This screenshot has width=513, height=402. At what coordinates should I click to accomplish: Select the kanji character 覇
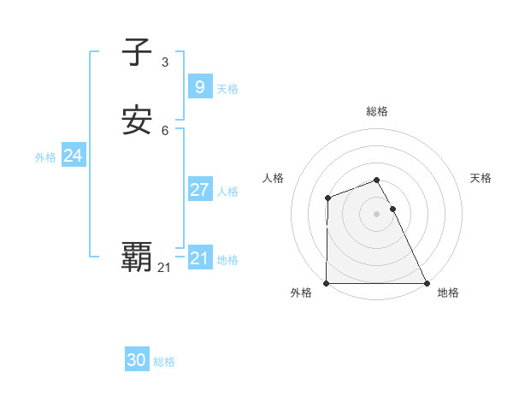(x=138, y=256)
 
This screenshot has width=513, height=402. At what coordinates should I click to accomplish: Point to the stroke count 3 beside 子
(x=164, y=62)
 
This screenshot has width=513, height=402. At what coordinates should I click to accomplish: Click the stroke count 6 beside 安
(x=164, y=130)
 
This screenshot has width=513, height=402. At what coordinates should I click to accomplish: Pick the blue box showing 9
(x=199, y=86)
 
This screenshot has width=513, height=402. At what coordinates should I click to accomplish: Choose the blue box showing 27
(x=199, y=189)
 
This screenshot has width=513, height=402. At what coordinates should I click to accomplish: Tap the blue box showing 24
(x=73, y=156)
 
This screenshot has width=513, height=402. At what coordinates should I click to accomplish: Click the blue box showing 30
(x=137, y=360)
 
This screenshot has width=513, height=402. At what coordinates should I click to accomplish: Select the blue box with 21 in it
(x=199, y=257)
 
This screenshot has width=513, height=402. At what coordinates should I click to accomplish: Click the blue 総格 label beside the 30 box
(x=164, y=362)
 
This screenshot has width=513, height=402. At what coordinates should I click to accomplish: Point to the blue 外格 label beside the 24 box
(x=45, y=157)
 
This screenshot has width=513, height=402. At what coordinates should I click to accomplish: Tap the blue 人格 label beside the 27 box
(x=228, y=192)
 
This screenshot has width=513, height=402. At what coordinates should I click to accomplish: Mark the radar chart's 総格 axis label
(x=377, y=111)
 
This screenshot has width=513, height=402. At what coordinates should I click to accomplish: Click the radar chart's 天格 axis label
(x=481, y=178)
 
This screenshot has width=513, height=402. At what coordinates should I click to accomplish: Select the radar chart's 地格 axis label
(x=448, y=293)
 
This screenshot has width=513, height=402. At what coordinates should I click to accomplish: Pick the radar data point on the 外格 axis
(x=327, y=283)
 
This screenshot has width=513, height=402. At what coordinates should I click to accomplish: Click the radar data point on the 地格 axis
(x=427, y=283)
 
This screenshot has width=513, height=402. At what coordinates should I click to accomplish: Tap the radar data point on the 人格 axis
(x=328, y=198)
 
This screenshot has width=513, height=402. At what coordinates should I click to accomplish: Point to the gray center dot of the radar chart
(x=377, y=214)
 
